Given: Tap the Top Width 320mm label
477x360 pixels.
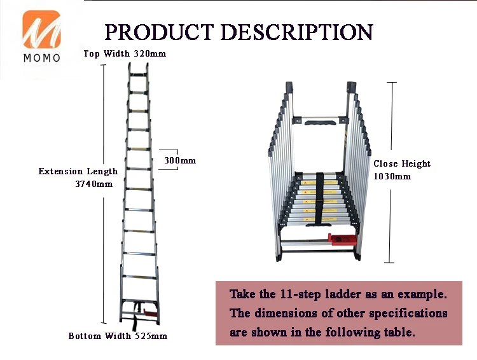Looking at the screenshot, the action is tap(125, 53).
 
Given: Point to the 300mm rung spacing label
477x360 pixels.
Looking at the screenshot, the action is tap(180, 161).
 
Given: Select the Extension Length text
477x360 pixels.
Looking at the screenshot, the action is tap(78, 171).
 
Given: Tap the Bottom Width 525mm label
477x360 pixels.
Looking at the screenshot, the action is tap(118, 336).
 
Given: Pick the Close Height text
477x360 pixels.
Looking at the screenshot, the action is tap(402, 163).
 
